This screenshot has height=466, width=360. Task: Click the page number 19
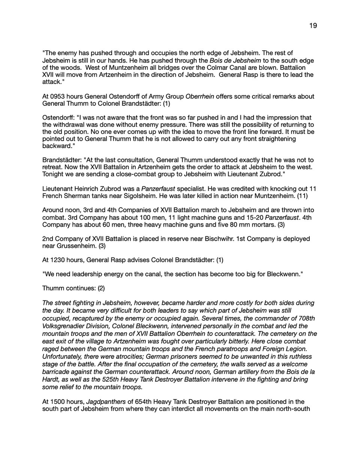pyautogui.click(x=313, y=26)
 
